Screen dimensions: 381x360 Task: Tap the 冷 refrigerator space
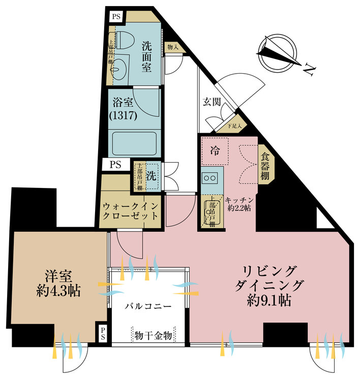click(215, 150)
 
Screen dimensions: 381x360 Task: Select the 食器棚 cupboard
click(265, 164)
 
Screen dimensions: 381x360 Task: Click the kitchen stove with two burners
click(209, 178)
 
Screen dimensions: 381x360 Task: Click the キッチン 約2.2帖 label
click(238, 205)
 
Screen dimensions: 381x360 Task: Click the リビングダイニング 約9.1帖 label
click(266, 285)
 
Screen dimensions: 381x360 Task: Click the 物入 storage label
click(172, 47)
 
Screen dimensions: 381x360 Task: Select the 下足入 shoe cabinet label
click(234, 126)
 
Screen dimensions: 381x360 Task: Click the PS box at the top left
click(116, 16)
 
